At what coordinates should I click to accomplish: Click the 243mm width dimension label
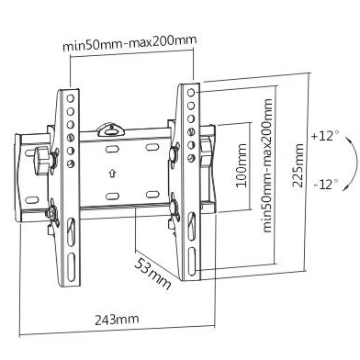[117, 320]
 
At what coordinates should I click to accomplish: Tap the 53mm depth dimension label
[152, 274]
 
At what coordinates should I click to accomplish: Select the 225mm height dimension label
[298, 165]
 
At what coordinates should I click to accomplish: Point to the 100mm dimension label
[242, 165]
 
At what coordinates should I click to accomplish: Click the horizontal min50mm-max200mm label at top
[129, 43]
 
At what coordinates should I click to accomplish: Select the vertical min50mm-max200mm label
[267, 165]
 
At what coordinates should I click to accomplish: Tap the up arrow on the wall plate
[112, 174]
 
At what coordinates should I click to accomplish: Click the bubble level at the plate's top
[110, 129]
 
